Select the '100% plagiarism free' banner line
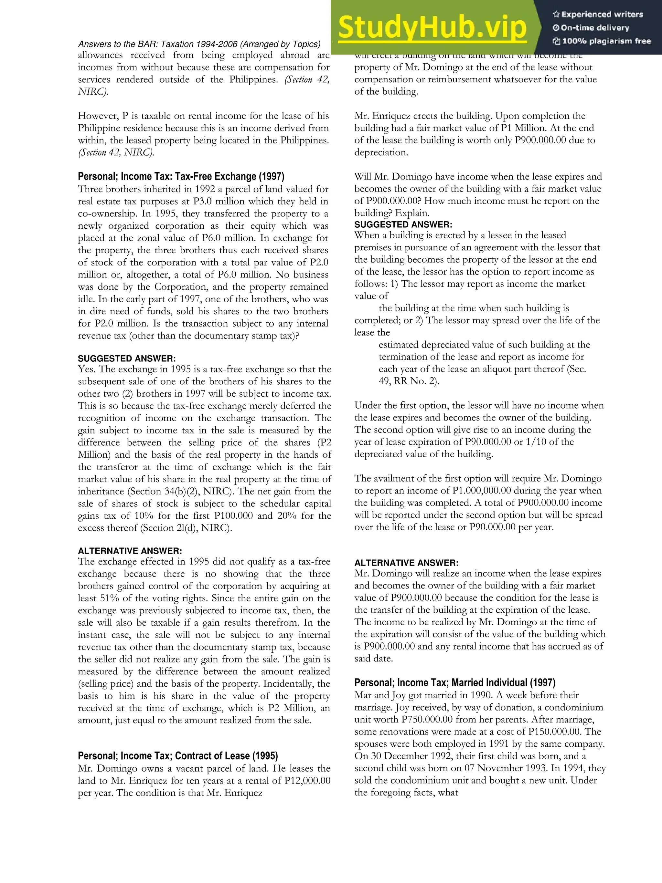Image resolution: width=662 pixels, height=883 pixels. pyautogui.click(x=602, y=41)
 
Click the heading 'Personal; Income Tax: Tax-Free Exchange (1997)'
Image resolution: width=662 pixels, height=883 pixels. pyautogui.click(x=181, y=176)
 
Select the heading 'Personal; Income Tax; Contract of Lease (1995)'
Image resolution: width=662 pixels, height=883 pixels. pyautogui.click(x=178, y=756)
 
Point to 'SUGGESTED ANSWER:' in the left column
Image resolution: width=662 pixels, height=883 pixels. pyautogui.click(x=127, y=358)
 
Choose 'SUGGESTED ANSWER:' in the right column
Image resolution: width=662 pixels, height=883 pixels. pyautogui.click(x=403, y=224)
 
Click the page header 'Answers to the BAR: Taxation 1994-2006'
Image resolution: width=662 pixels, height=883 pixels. pyautogui.click(x=199, y=44)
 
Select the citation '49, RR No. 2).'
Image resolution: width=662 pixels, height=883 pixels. pyautogui.click(x=409, y=381)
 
